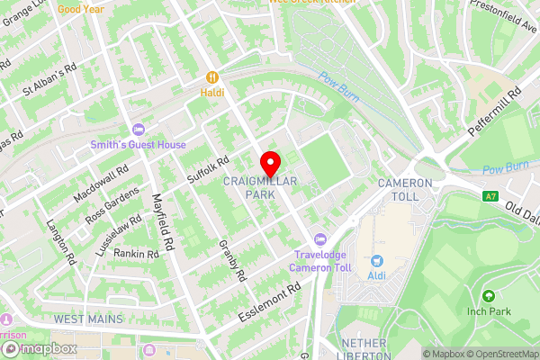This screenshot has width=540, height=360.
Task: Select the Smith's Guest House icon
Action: click(x=138, y=130)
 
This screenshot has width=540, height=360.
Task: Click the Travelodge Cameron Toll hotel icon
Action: click(x=319, y=239)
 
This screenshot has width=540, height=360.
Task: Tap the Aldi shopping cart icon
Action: click(x=376, y=260)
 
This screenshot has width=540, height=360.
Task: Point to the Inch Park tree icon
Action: click(x=489, y=296)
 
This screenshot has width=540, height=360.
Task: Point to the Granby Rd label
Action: click(x=232, y=260)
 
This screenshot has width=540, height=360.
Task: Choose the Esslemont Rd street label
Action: click(x=269, y=304)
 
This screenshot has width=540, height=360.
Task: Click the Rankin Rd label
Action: click(x=136, y=254)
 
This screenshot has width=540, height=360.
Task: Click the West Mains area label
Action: click(x=87, y=319)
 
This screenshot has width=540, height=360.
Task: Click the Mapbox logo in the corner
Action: click(x=38, y=348)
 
